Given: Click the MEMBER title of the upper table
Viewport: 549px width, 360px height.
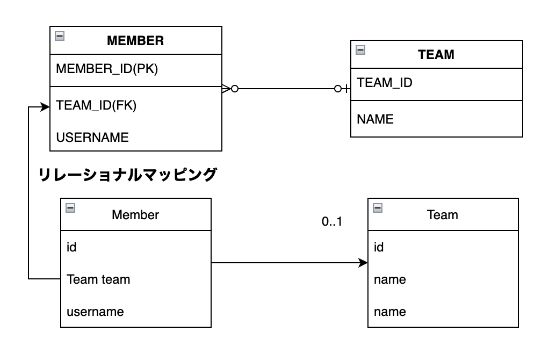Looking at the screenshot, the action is tap(135, 41).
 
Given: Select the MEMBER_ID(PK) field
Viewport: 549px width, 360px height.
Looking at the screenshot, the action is tap(107, 69).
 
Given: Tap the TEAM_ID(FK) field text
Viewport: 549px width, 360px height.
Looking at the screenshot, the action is tap(96, 105).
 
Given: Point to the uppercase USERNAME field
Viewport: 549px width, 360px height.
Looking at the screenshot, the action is tap(92, 137).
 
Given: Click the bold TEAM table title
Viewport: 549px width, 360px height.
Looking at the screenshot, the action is tap(436, 55).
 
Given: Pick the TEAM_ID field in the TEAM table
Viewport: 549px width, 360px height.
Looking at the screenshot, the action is tap(385, 83).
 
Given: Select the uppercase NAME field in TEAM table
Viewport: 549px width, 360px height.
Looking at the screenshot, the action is tap(375, 119).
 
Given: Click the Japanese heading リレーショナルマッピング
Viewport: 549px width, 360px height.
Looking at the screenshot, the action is tap(127, 175).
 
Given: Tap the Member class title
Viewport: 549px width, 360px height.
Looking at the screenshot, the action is tap(135, 215).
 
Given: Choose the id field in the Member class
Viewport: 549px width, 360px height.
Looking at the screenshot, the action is tap(71, 247).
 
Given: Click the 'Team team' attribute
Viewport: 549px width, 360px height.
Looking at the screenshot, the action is tap(98, 279).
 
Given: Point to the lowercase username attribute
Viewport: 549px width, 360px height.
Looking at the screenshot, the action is tap(95, 312).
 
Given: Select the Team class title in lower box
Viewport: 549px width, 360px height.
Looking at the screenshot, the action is tap(442, 215).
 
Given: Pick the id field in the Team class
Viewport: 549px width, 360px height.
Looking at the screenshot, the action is tap(379, 247).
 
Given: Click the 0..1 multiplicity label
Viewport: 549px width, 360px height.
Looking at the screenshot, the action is tap(332, 221).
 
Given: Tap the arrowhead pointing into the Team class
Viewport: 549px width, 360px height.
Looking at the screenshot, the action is tap(364, 263).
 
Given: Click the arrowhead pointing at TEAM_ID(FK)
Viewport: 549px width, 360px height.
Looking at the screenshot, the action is tap(45, 107).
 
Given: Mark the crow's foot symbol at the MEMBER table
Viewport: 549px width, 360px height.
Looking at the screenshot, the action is tap(226, 89).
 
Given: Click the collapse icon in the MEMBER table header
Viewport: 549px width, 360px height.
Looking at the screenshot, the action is tap(60, 35).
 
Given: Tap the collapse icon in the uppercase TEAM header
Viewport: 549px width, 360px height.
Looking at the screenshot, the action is tap(360, 50).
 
